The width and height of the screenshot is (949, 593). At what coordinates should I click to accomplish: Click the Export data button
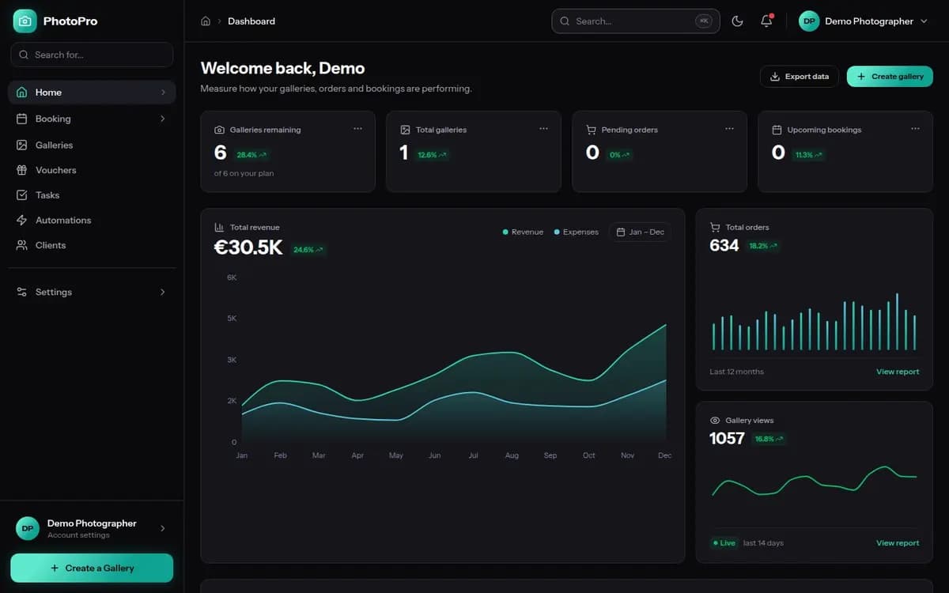coord(799,77)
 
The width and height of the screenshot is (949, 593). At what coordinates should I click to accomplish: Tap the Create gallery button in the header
coord(890,77)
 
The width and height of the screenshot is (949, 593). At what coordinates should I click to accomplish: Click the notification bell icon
coord(766,21)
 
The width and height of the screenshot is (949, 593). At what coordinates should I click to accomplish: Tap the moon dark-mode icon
coord(737,21)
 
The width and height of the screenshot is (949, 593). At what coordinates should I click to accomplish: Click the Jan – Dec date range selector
coord(640,232)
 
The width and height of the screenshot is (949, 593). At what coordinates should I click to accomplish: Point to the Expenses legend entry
coord(577,232)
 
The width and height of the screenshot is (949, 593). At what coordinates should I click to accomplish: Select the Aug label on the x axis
coord(512,455)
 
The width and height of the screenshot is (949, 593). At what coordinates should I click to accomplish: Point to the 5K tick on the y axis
coord(232,318)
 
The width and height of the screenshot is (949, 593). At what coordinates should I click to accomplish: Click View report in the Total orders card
coord(898,372)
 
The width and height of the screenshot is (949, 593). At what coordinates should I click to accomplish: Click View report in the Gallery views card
coord(898,543)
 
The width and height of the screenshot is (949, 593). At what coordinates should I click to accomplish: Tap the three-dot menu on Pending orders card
coord(729,129)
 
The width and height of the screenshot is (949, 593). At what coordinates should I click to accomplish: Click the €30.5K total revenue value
coord(248,247)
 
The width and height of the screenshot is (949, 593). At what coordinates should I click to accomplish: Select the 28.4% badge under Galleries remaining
coord(251,155)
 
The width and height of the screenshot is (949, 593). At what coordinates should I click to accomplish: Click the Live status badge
coord(724,543)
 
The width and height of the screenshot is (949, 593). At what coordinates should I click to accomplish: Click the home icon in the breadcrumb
coord(206,21)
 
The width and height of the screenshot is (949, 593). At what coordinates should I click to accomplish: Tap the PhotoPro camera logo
coord(25,21)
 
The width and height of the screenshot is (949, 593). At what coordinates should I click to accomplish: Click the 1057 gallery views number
coord(727,438)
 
